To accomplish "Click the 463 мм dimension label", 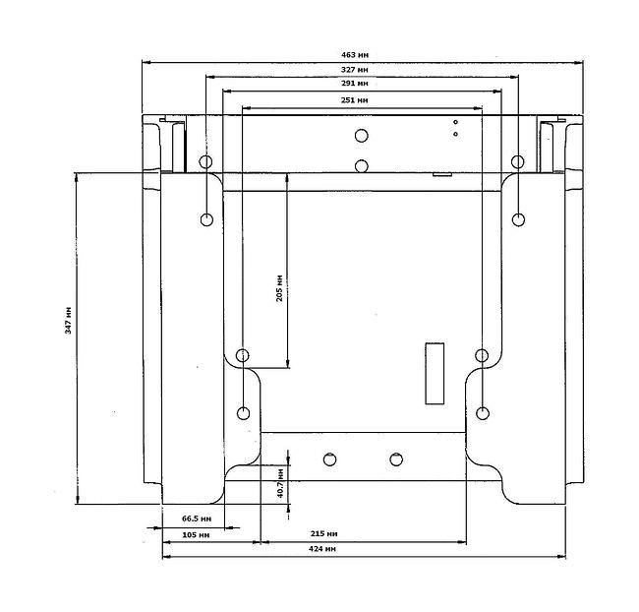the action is [355, 55].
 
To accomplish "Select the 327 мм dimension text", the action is [355, 70].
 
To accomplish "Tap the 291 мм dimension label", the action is [355, 84].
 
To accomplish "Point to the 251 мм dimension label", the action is [355, 100].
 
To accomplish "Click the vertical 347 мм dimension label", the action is [68, 321].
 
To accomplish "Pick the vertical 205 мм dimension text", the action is [279, 288].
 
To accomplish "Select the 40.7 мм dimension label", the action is [280, 483].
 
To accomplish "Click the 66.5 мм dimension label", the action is [197, 519].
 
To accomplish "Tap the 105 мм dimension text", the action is [196, 534].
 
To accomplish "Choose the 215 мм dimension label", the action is [324, 533].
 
